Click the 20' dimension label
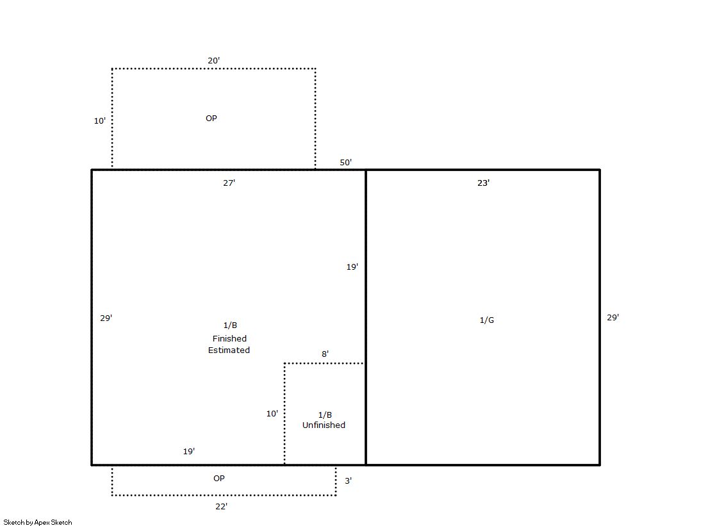coord(213,60)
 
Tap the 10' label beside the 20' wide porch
coord(100,120)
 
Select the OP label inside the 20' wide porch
coord(211,118)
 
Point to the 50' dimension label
coord(346,162)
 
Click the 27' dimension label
coord(229,183)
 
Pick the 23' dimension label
coord(483,183)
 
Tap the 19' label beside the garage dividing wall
coord(352,267)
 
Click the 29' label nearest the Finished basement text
coord(106,318)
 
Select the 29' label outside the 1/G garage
coord(613,317)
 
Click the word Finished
coord(229,338)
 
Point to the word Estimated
coord(229,350)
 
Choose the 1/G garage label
coord(486,320)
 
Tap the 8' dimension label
coord(325,354)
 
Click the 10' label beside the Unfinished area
coord(272,413)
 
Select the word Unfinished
coord(324,425)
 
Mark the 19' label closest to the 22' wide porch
coord(189,452)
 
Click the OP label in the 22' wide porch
coord(219,478)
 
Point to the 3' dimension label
coord(349,481)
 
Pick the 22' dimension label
coord(221,506)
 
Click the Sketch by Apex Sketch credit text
coord(38,522)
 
